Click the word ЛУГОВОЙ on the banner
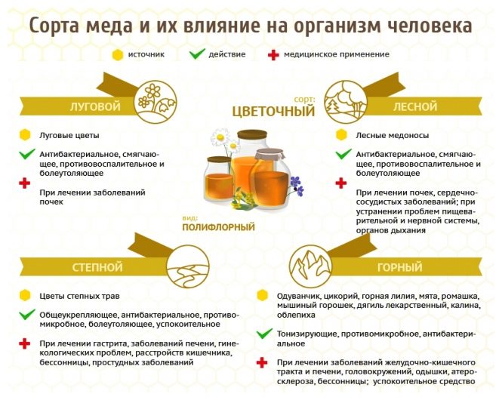[x=95, y=106]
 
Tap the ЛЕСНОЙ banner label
[x=415, y=106]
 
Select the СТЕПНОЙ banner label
[x=97, y=267]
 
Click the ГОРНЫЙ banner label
[x=399, y=267]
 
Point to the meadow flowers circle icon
[x=156, y=102]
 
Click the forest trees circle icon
[x=346, y=102]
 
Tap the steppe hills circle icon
[x=188, y=266]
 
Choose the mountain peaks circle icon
[x=310, y=266]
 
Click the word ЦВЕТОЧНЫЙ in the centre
[x=273, y=112]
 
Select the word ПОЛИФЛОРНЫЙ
[x=218, y=227]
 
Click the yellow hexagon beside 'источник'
[x=118, y=55]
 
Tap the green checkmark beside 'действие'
[x=197, y=54]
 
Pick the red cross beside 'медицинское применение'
[x=273, y=55]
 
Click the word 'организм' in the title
[x=337, y=26]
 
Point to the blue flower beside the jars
[x=297, y=186]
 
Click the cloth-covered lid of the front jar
[x=269, y=155]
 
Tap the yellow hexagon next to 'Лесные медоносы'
[x=341, y=135]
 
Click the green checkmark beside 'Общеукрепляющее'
[x=27, y=314]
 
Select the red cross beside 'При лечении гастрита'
[x=25, y=343]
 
